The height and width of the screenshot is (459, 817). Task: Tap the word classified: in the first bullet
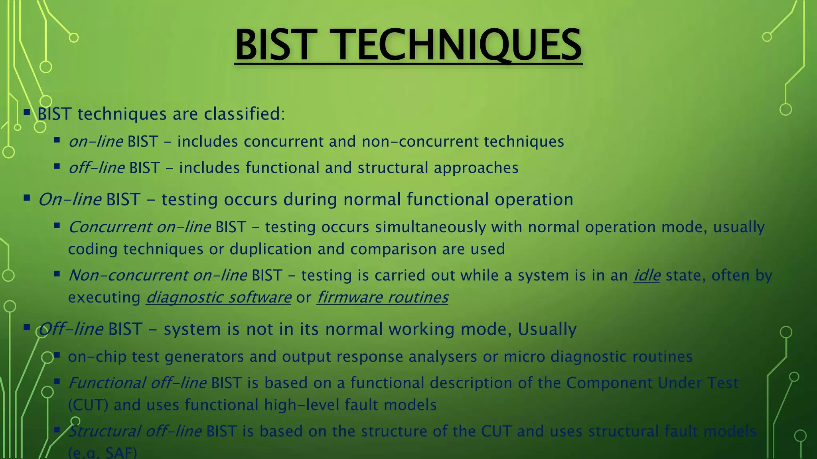coord(245,114)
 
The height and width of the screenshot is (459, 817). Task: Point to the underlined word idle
coord(647,275)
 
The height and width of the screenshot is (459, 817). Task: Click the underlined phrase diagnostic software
coord(219,297)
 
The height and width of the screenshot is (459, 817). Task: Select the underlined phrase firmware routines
coord(383,297)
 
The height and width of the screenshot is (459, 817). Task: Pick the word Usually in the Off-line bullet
coord(547,329)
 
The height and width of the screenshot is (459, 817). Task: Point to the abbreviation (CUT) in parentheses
coord(88,405)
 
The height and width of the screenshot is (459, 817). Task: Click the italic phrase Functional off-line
coord(137,383)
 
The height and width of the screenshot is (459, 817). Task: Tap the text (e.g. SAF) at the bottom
coord(103,453)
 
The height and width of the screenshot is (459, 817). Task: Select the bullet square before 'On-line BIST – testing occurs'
coord(27,198)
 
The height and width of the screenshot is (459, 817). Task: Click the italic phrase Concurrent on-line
coord(140,227)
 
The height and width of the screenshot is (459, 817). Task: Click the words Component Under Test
coord(652,383)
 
